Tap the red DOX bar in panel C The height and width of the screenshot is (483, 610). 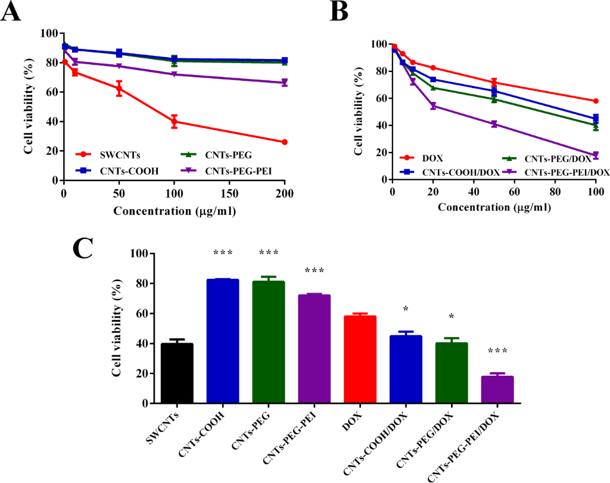coord(360,360)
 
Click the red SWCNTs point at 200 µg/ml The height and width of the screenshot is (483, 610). coord(284,142)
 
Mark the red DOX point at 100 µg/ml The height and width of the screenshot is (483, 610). coord(596,101)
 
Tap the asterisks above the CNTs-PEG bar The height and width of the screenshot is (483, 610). coord(268,253)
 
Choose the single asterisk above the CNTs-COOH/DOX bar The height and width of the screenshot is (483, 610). coord(406,309)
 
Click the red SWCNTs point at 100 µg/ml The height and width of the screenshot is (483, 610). coord(174,121)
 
